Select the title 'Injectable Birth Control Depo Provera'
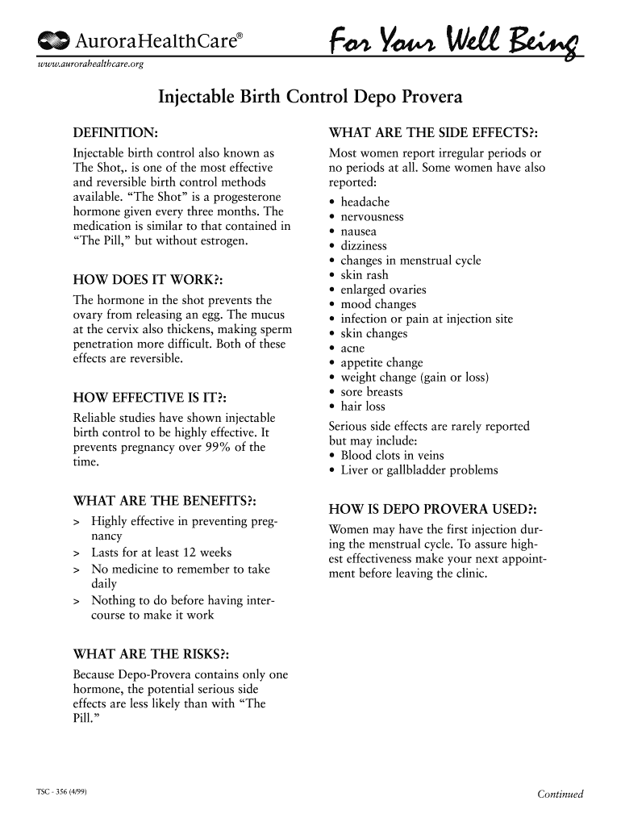[310, 98]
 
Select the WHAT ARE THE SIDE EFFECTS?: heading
[433, 132]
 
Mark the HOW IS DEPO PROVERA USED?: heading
[433, 509]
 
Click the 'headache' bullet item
[365, 202]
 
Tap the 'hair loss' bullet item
[363, 407]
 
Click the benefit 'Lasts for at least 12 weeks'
[161, 553]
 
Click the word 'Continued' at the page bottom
[560, 794]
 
